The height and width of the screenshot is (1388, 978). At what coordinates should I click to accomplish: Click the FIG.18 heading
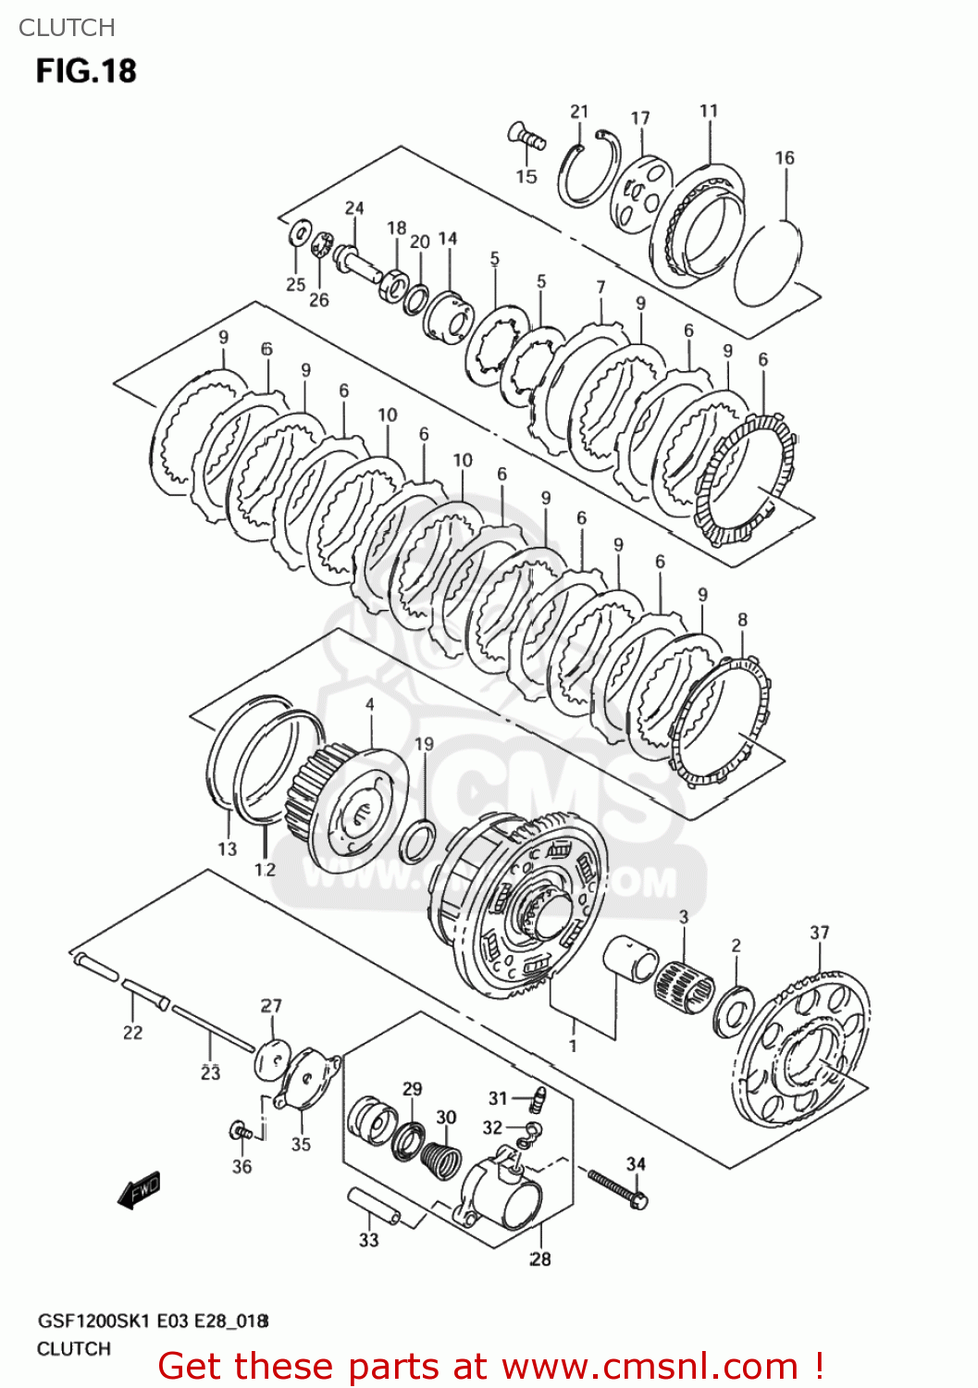click(86, 71)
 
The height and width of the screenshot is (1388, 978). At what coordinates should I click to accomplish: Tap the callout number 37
click(819, 933)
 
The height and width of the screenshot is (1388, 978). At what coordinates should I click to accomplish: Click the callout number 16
click(785, 158)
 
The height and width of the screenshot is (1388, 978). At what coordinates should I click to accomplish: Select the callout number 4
click(369, 705)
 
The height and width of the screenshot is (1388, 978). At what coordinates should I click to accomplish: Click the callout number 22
click(132, 1032)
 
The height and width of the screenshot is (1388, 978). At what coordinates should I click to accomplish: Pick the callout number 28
click(539, 1258)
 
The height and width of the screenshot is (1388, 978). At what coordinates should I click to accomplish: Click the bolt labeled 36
click(242, 1131)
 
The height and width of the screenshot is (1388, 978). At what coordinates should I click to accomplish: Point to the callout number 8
click(742, 620)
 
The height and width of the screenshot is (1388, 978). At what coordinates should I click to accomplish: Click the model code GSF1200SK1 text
click(93, 1321)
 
